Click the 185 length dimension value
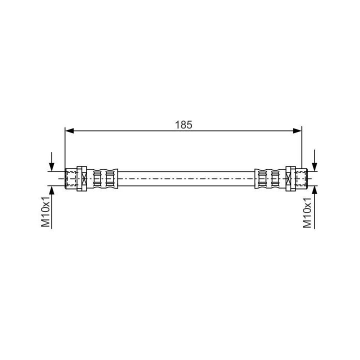tap(183, 125)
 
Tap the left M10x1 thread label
tap(45, 211)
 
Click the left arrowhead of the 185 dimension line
tap(69, 131)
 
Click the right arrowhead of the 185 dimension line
tap(297, 131)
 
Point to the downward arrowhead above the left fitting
tap(52, 167)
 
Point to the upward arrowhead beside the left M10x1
tap(52, 190)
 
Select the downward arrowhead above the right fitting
tap(314, 167)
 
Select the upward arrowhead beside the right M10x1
tap(314, 190)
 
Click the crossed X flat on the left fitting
tap(84, 178)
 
